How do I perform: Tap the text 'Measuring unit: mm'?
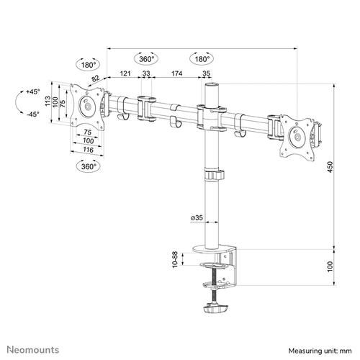(321, 349)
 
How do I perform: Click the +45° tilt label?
(32, 92)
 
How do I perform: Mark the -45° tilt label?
(32, 114)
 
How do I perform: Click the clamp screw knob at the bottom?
(214, 310)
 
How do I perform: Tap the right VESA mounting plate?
(293, 134)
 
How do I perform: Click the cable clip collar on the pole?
(213, 175)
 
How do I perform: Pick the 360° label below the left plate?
(87, 166)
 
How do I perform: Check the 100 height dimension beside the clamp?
(330, 268)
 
